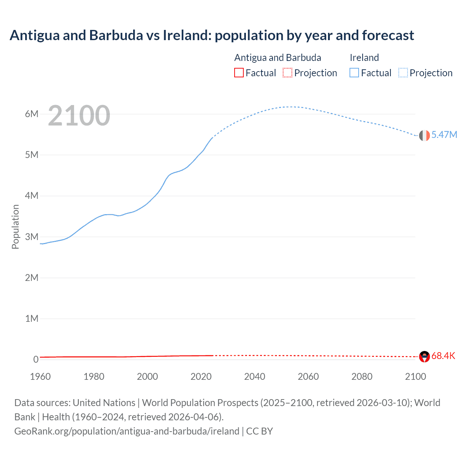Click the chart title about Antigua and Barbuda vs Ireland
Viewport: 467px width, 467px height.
(x=212, y=35)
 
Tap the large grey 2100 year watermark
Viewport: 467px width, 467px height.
(x=79, y=116)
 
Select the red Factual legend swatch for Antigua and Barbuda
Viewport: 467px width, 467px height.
(x=239, y=73)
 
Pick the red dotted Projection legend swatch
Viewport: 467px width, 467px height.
(x=287, y=73)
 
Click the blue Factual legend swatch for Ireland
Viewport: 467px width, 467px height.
(x=354, y=73)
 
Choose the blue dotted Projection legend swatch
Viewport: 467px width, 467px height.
(x=403, y=73)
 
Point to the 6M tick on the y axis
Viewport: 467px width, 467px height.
(x=32, y=114)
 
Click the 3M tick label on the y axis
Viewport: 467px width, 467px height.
(x=32, y=237)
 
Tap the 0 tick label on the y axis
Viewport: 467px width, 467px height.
(x=36, y=359)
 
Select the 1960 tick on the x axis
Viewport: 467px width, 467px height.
(x=40, y=377)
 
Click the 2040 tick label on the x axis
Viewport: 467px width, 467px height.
(x=255, y=377)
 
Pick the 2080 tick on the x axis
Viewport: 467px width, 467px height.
(x=362, y=377)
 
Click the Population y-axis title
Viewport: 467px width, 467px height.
(x=15, y=227)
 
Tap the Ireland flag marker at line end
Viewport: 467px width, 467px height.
(x=424, y=135)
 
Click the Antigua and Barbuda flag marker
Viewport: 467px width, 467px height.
(x=424, y=356)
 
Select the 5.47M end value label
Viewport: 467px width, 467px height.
(x=444, y=135)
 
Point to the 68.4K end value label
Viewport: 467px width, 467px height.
(x=443, y=356)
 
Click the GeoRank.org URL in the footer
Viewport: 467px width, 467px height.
(x=127, y=431)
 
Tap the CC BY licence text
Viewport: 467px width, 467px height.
(x=259, y=431)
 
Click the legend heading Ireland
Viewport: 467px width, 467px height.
(x=364, y=58)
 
